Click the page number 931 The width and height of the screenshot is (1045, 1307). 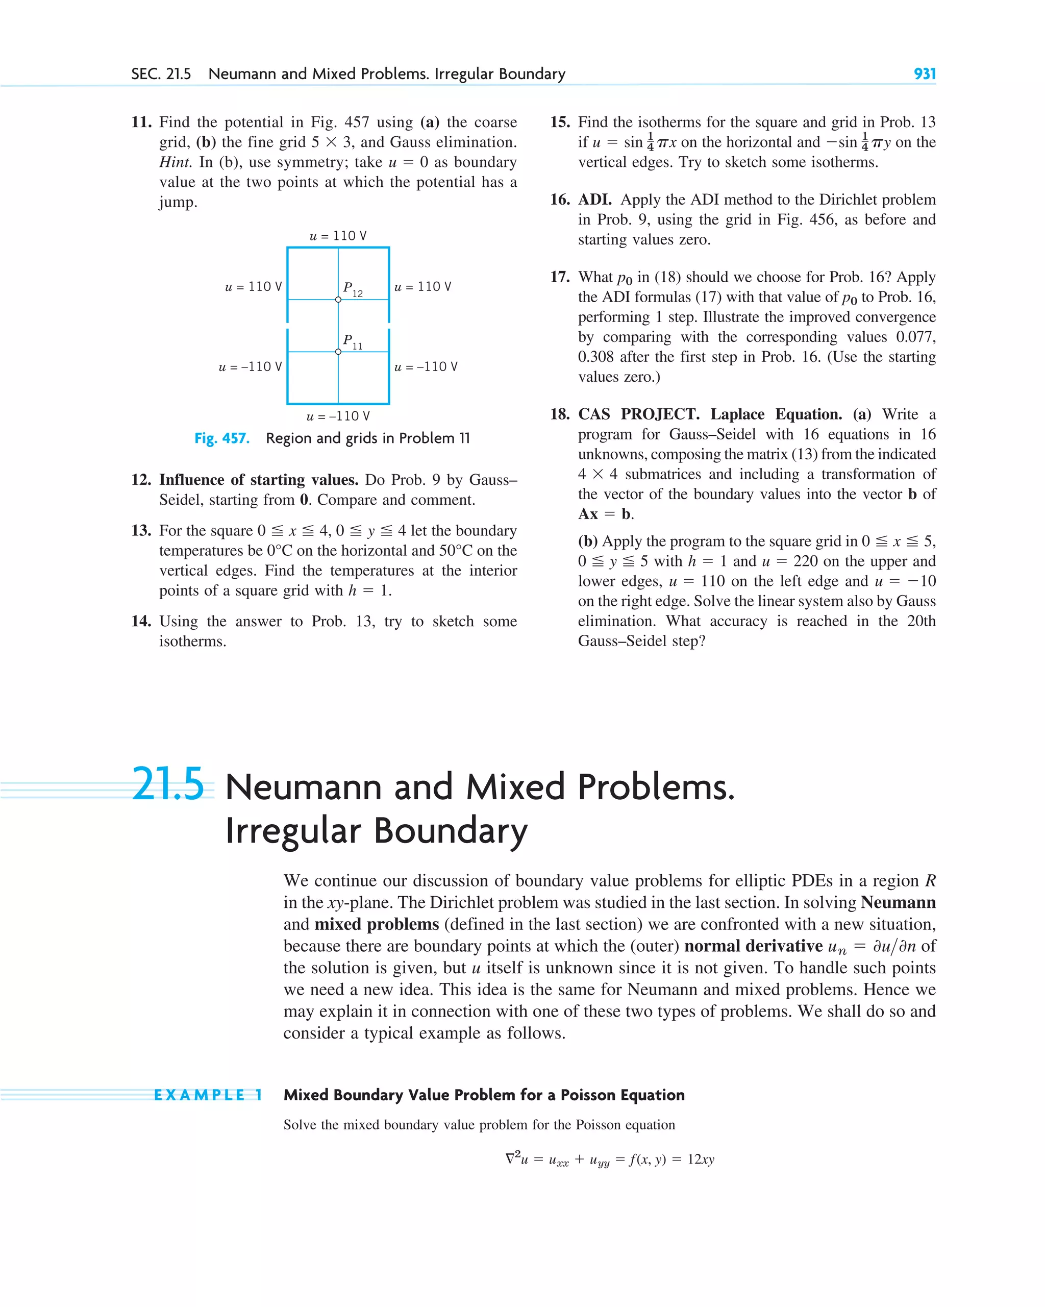(925, 74)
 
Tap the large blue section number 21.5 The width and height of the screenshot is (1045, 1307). (168, 784)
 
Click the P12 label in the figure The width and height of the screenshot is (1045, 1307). (352, 288)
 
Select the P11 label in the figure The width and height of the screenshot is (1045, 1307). (352, 341)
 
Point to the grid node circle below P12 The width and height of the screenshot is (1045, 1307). (338, 300)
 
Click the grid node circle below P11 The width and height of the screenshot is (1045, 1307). (338, 352)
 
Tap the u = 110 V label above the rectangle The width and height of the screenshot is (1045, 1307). (338, 236)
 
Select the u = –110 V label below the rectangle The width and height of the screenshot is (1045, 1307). (338, 416)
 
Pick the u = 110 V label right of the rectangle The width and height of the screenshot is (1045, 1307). (422, 287)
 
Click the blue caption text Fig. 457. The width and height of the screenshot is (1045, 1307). (222, 438)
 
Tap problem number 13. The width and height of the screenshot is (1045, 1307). (141, 530)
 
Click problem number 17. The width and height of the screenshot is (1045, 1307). (559, 277)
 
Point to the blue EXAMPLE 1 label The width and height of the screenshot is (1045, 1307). (208, 1095)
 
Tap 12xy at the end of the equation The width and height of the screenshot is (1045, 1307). (701, 1160)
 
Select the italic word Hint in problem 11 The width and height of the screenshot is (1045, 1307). (175, 162)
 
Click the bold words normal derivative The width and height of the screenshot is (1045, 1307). (753, 946)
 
